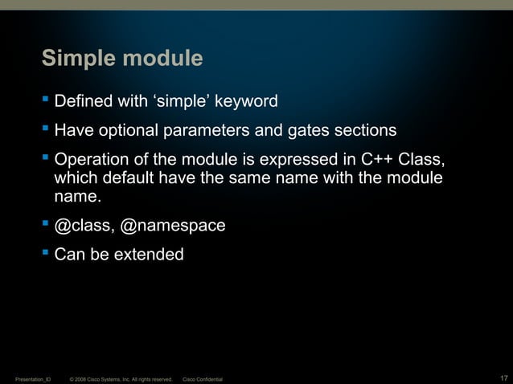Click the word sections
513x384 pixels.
click(x=360, y=130)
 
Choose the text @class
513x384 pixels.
click(x=84, y=227)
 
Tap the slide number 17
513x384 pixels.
click(x=503, y=378)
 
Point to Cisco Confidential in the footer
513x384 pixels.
click(x=203, y=378)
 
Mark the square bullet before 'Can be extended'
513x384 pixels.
click(x=45, y=253)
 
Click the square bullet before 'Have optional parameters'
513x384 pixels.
click(x=45, y=129)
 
